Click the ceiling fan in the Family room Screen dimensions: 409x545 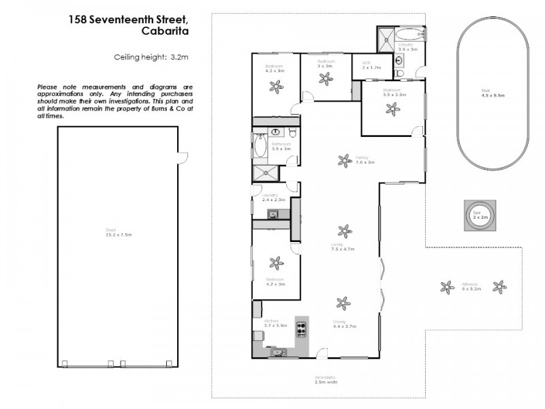343,160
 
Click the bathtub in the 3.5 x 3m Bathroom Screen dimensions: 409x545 260,147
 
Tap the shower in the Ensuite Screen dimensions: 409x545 386,36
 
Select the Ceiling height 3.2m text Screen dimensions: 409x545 149,58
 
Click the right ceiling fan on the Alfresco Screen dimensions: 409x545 499,287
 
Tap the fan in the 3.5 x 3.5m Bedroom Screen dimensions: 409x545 392,107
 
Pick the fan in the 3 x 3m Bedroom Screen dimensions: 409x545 326,78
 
